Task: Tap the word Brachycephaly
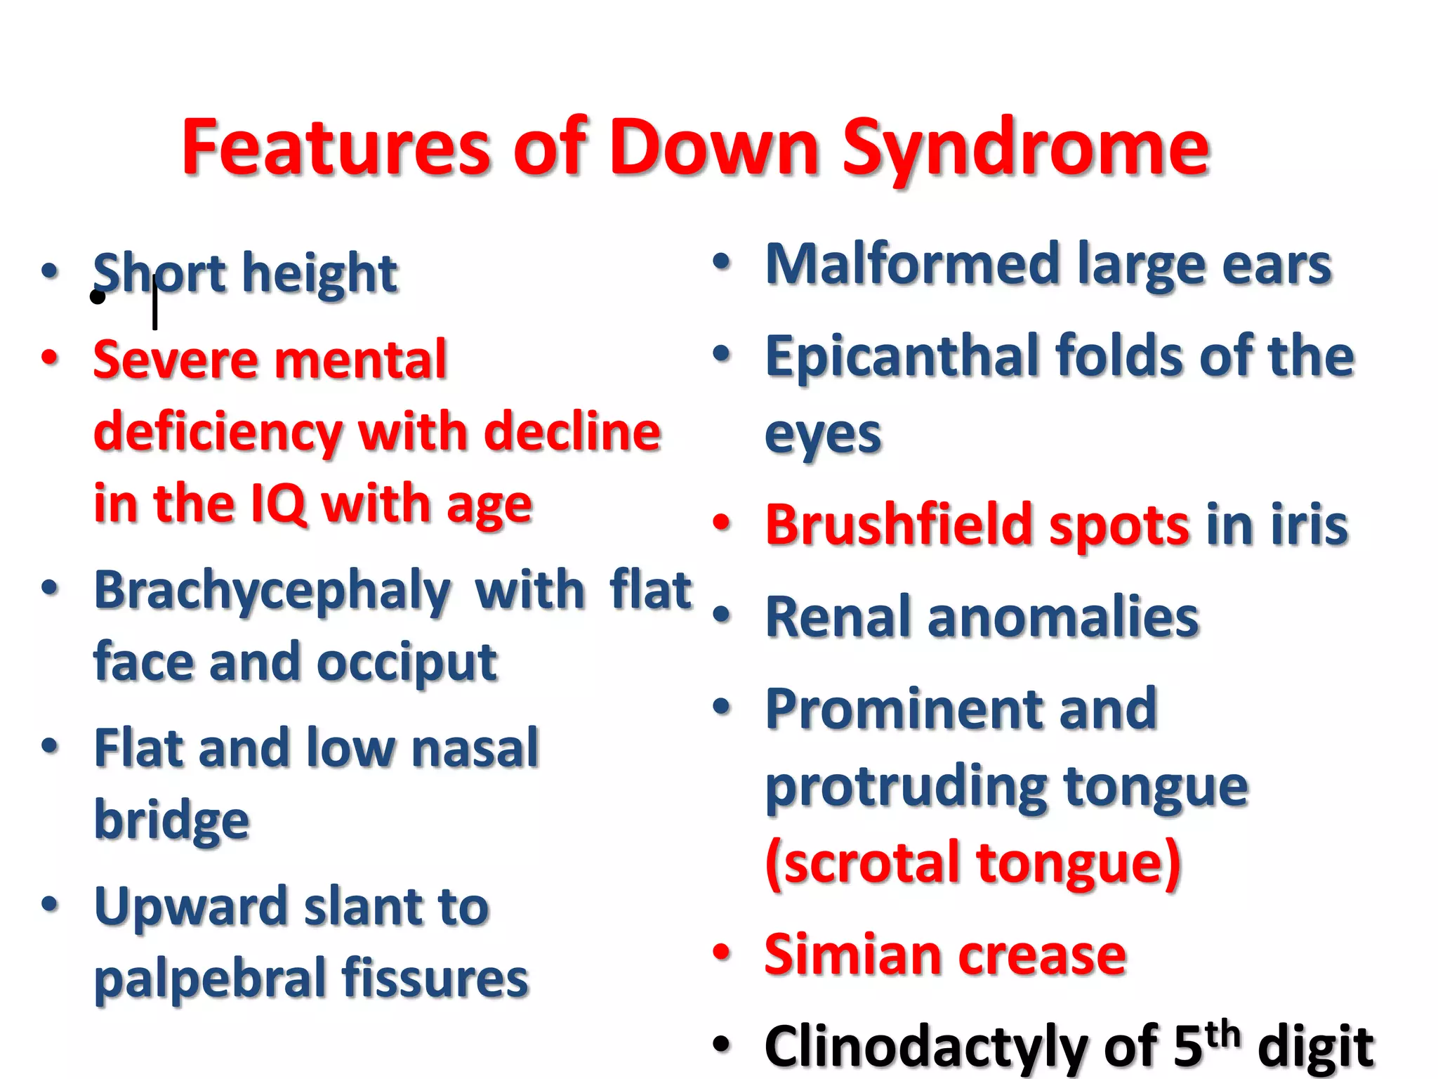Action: pos(272,591)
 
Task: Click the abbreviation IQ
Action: pos(279,504)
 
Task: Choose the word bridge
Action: pos(172,820)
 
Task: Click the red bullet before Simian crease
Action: pos(722,953)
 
